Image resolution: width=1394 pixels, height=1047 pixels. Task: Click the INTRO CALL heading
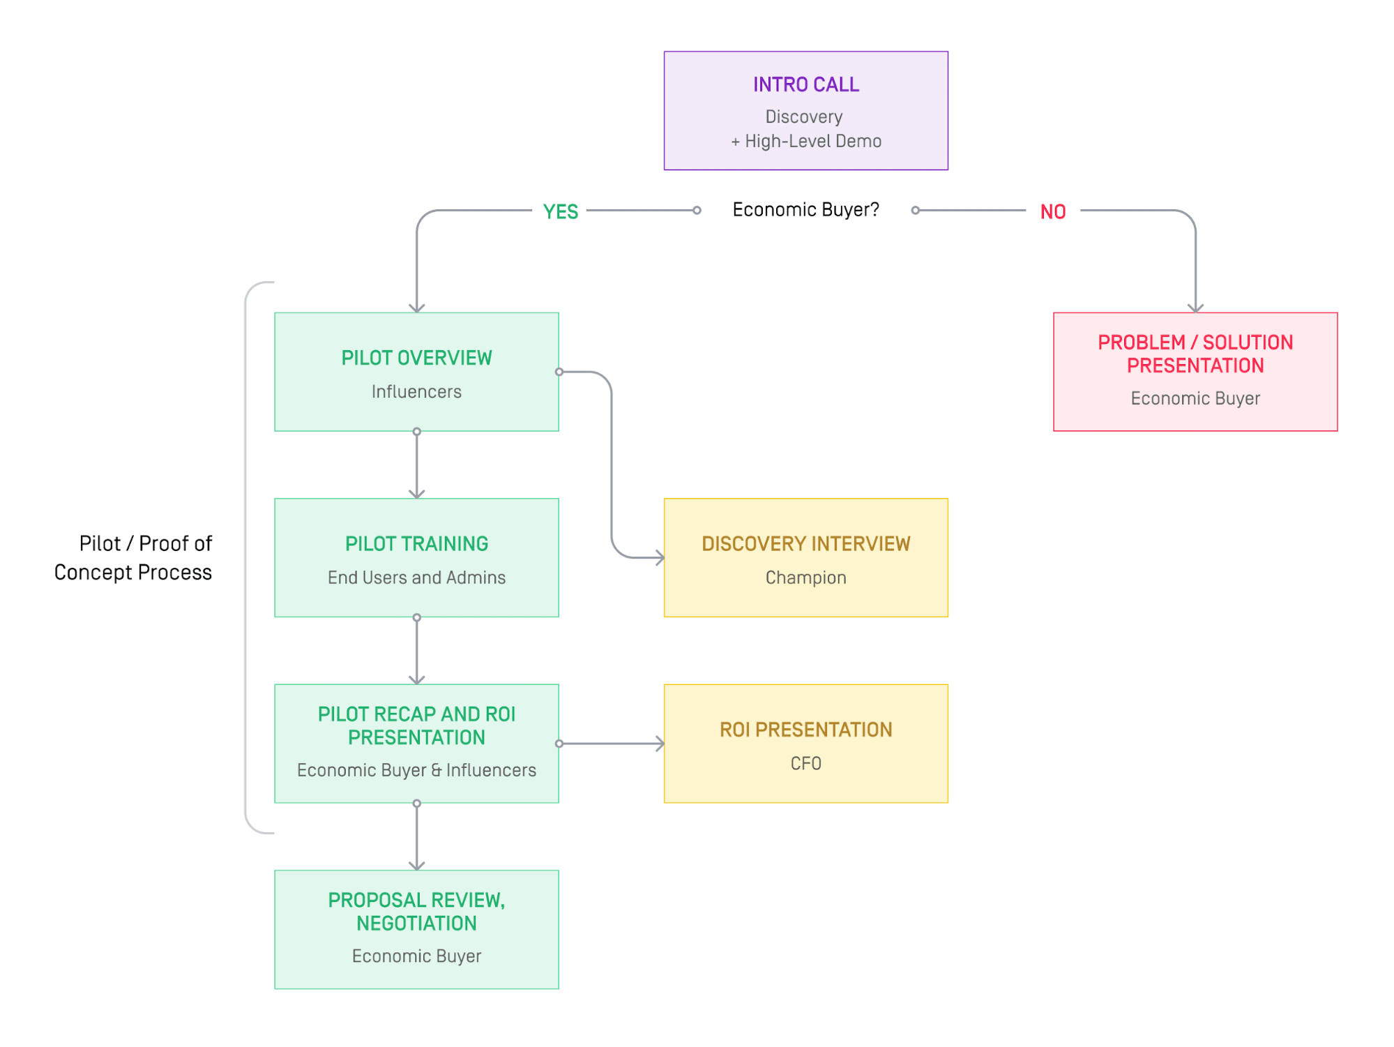tap(805, 84)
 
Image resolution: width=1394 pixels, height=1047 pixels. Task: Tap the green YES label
tap(560, 211)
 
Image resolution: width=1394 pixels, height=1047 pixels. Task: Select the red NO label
tap(1052, 211)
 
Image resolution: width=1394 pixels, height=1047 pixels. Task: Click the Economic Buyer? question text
tap(805, 209)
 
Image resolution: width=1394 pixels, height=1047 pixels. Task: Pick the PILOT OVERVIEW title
tap(416, 358)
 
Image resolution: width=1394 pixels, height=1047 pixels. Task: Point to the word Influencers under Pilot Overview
tap(416, 391)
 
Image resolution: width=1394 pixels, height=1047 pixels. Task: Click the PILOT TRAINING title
tap(416, 543)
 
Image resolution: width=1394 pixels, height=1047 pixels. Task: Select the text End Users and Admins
tap(416, 578)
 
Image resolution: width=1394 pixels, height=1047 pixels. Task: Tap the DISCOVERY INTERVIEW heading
tap(805, 543)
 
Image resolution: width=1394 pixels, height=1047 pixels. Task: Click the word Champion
tap(805, 578)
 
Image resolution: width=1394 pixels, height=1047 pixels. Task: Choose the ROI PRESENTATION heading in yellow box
tap(805, 730)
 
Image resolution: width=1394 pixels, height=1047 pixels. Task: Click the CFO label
tap(805, 763)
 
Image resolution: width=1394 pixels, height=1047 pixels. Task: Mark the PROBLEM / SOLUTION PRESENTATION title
tap(1195, 354)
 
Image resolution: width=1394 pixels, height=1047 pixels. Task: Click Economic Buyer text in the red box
tap(1195, 398)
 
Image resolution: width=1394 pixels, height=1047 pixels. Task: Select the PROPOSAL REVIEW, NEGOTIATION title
tap(416, 911)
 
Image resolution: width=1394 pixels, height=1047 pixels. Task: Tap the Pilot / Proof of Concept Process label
tap(133, 557)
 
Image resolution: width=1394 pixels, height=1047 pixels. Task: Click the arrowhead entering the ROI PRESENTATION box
tap(660, 744)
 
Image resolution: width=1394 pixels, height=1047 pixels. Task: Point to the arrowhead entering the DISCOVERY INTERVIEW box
tap(660, 557)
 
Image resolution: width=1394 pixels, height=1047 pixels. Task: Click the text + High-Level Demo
tap(805, 141)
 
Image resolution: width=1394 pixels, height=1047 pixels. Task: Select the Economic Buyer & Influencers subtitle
tap(416, 770)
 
